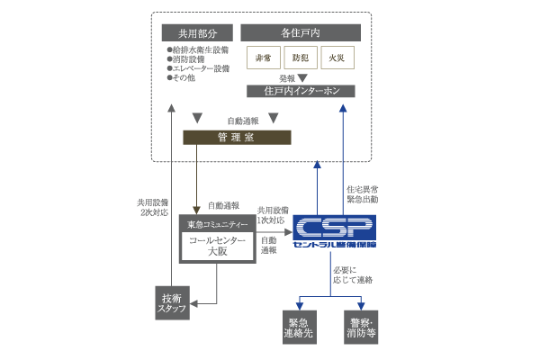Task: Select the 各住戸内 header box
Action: [x=301, y=32]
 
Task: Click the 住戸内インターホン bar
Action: [x=301, y=91]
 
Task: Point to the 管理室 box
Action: [x=238, y=137]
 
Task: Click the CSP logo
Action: [x=334, y=231]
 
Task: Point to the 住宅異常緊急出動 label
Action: [x=364, y=194]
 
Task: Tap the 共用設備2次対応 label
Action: [x=150, y=208]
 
